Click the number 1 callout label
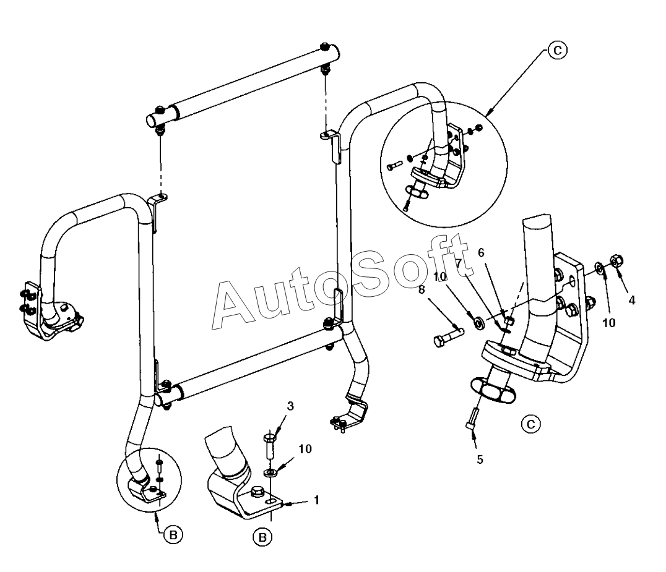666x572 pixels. pos(317,500)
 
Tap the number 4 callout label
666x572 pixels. pos(631,301)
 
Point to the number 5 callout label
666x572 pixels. pos(480,459)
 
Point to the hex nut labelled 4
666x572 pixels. pos(616,261)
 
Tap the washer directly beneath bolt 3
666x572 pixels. pos(270,473)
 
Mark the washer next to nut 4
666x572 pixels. pos(599,267)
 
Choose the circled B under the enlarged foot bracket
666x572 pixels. pos(263,538)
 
